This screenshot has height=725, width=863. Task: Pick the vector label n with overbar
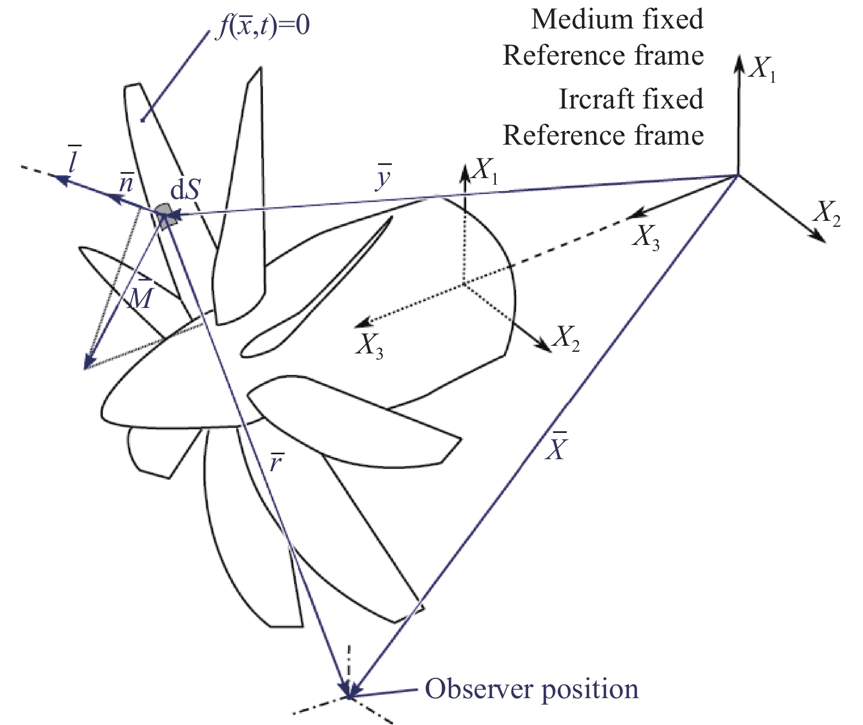pos(127,183)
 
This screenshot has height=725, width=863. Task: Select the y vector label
pos(384,178)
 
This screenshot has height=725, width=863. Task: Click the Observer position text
pos(531,689)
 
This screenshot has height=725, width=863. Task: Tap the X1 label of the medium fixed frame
pos(764,70)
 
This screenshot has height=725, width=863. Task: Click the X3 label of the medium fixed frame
pos(646,237)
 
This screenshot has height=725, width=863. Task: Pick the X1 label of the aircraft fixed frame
pos(486,172)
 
